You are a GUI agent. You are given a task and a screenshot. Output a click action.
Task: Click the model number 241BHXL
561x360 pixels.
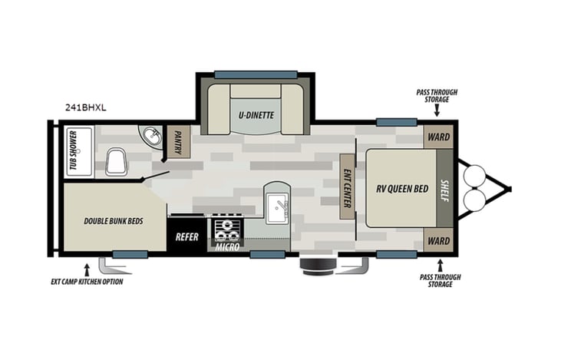pos(85,108)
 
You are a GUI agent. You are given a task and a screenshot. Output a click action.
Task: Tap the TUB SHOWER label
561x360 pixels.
pos(74,151)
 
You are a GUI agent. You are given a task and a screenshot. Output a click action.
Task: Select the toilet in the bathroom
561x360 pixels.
pos(117,161)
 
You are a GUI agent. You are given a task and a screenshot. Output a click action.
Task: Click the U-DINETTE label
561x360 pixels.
pos(256,116)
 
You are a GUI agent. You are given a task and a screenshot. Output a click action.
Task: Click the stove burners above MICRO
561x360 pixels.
pos(227,228)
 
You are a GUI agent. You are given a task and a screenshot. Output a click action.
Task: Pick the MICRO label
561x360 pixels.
pos(227,247)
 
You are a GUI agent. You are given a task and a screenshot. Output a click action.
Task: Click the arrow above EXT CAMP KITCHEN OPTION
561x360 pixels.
pos(86,269)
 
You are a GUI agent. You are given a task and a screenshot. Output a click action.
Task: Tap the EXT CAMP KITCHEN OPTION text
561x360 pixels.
pos(82,282)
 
